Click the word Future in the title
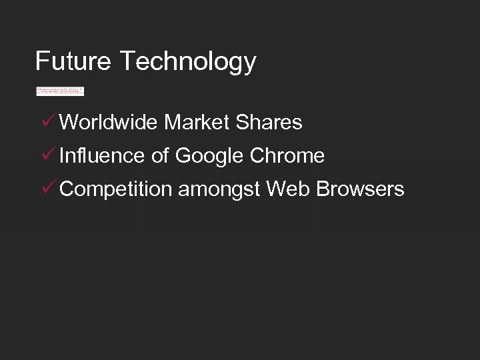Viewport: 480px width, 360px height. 73,61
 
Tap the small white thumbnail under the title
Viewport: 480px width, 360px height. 60,91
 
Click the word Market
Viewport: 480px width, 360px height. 195,123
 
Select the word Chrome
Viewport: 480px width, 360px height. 287,156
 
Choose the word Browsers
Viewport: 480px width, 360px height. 360,189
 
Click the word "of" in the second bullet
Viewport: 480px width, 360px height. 160,156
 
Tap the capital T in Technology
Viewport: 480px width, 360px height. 127,61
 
